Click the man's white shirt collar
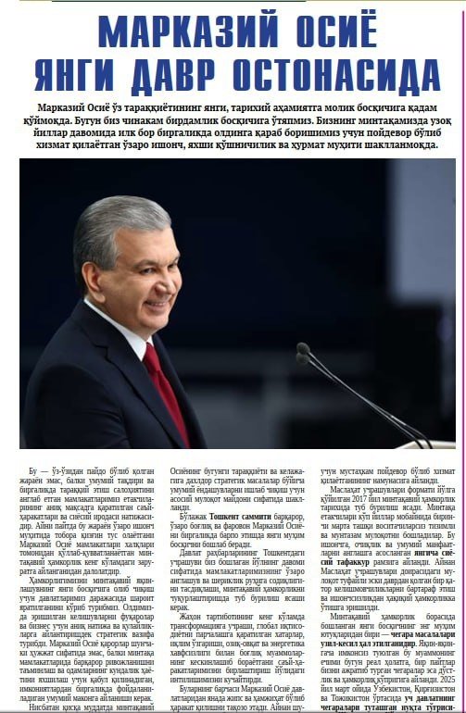point(130,333)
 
